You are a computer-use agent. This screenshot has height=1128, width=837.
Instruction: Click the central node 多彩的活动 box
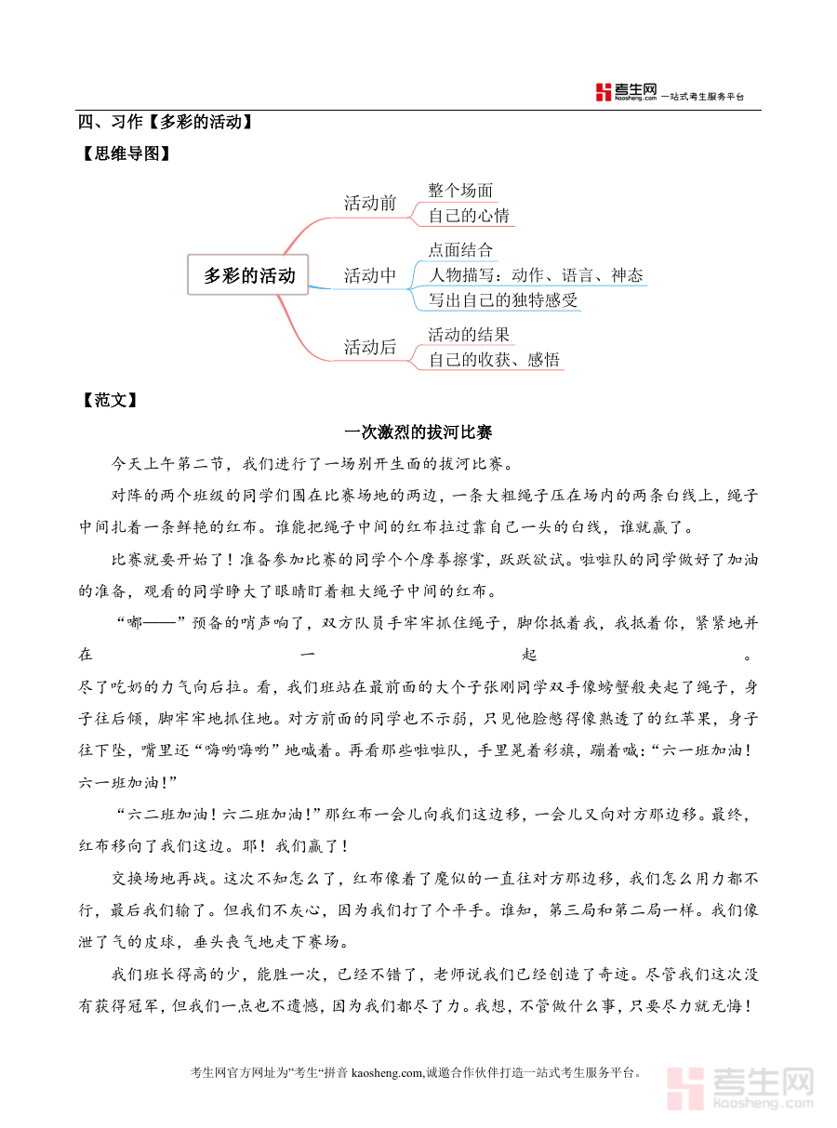pyautogui.click(x=248, y=275)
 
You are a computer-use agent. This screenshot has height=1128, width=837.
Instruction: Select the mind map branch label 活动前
pyautogui.click(x=370, y=204)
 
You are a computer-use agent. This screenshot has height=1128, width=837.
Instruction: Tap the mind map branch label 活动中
pyautogui.click(x=370, y=276)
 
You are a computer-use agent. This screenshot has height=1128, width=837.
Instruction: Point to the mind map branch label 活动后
pyautogui.click(x=370, y=348)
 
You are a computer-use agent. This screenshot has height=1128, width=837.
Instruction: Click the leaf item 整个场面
pyautogui.click(x=460, y=191)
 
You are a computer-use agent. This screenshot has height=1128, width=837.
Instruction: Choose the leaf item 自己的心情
pyautogui.click(x=469, y=216)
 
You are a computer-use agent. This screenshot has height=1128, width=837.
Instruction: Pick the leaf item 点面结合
pyautogui.click(x=460, y=250)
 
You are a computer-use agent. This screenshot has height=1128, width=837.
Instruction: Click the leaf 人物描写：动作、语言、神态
pyautogui.click(x=535, y=275)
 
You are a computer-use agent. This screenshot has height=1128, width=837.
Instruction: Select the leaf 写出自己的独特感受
pyautogui.click(x=503, y=300)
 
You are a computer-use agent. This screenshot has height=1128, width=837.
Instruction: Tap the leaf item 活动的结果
pyautogui.click(x=469, y=335)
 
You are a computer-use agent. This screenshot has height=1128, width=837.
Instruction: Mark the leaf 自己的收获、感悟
pyautogui.click(x=495, y=360)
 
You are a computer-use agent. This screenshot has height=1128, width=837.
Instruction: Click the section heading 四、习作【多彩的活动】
pyautogui.click(x=166, y=122)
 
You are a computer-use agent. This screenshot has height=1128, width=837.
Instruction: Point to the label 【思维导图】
pyautogui.click(x=126, y=154)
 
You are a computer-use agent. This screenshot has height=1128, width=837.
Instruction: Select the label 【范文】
pyautogui.click(x=110, y=400)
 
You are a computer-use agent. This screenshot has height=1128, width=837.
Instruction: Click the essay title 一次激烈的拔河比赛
pyautogui.click(x=418, y=431)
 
